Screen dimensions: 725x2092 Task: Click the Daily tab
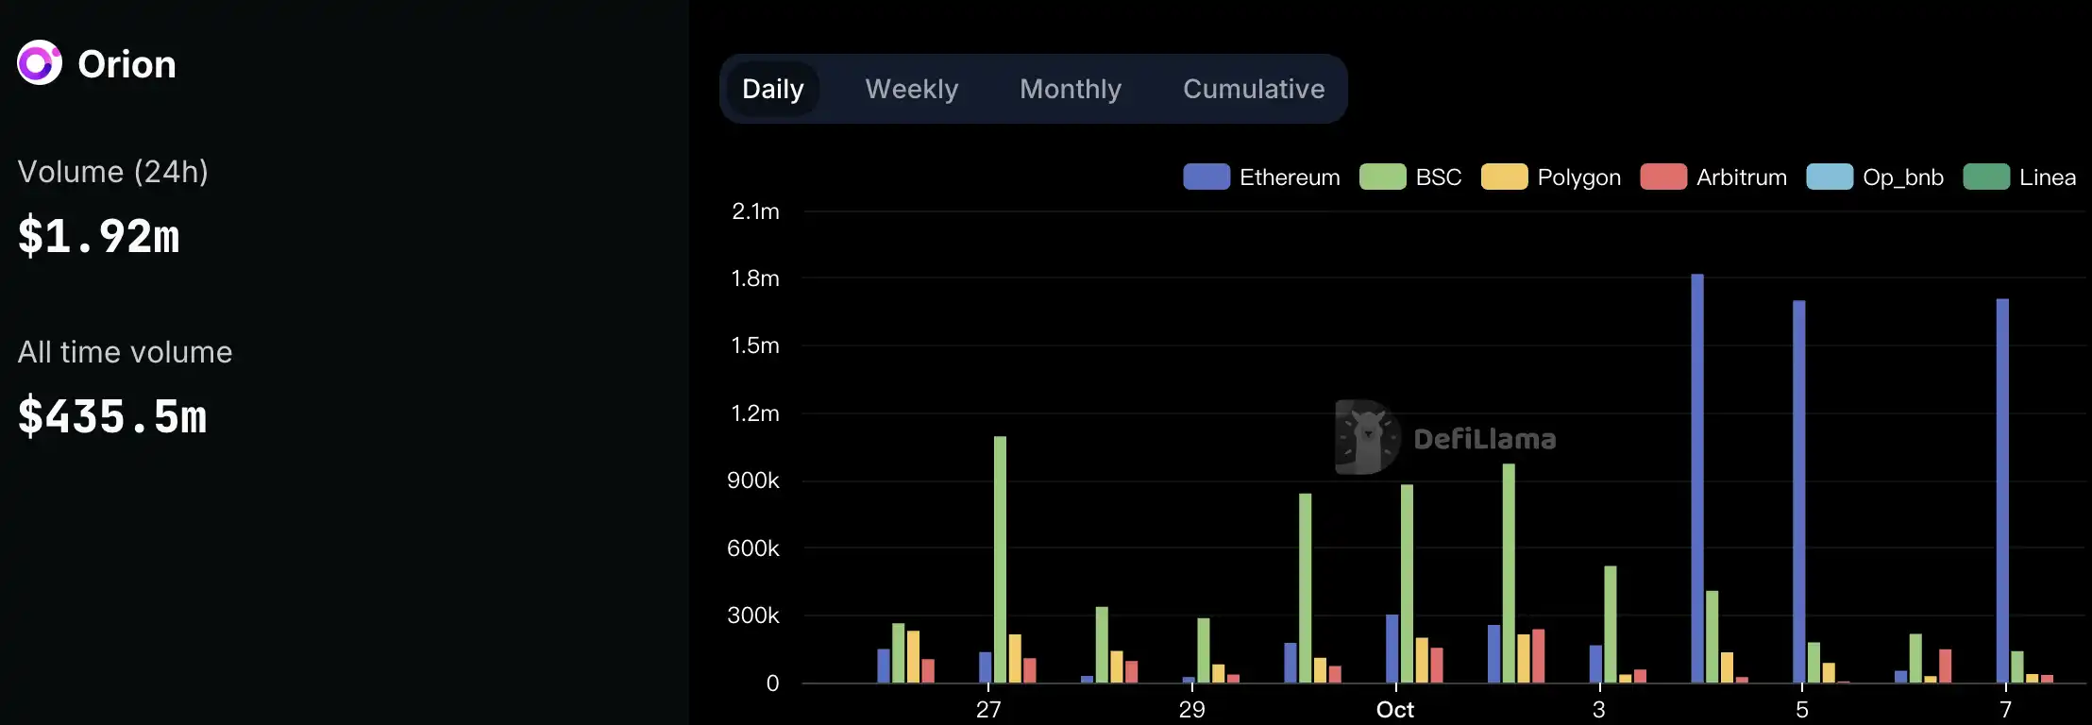coord(772,89)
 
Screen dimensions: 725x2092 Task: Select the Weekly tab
coord(911,89)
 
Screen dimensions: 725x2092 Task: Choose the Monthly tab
coord(1071,89)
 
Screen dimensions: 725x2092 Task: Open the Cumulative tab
coord(1254,89)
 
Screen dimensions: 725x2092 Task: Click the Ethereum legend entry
coord(1261,177)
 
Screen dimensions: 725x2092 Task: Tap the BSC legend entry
coord(1410,177)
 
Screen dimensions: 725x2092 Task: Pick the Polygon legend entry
coord(1551,177)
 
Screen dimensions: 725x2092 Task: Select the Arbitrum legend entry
coord(1713,177)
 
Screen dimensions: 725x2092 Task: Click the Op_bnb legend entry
coord(1875,177)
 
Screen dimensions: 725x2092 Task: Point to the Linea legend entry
coord(2019,177)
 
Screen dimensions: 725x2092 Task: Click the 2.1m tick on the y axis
coord(755,211)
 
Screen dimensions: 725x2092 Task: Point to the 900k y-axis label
coord(753,481)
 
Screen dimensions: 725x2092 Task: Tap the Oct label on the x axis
coord(1395,710)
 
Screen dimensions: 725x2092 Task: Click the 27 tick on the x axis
coord(988,710)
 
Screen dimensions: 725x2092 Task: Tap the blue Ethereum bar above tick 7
coord(2002,491)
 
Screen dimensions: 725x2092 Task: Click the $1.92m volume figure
coord(99,236)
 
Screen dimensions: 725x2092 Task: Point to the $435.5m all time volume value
coord(112,416)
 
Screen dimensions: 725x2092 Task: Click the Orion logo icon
coord(40,63)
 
